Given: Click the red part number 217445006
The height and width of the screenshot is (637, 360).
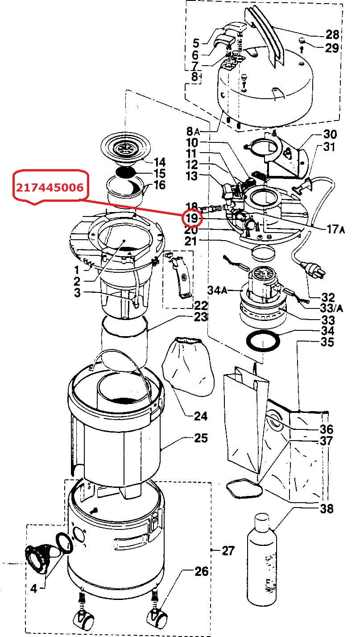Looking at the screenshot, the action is click(x=50, y=187).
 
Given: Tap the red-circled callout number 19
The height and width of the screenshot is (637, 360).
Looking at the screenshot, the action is click(x=192, y=218).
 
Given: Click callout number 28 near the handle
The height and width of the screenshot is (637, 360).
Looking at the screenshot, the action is click(x=332, y=34).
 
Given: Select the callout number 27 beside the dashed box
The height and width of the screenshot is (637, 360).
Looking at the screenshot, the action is click(x=228, y=551).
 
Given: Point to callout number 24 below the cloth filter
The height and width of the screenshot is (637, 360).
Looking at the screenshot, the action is click(x=201, y=416).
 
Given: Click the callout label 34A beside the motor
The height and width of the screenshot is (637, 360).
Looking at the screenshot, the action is click(x=217, y=290).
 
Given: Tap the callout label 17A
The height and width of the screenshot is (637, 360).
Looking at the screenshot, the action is click(x=335, y=229).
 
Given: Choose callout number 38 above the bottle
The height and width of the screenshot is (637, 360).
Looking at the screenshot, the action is click(x=327, y=508).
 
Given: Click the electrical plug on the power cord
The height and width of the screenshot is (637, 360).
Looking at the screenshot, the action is click(x=314, y=271).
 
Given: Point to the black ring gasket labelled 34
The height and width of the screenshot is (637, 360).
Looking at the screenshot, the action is click(x=263, y=341).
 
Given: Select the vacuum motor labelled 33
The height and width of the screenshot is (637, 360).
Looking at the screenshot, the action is click(x=263, y=296).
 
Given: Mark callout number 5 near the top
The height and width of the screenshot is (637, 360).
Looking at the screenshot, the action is click(x=196, y=43).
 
